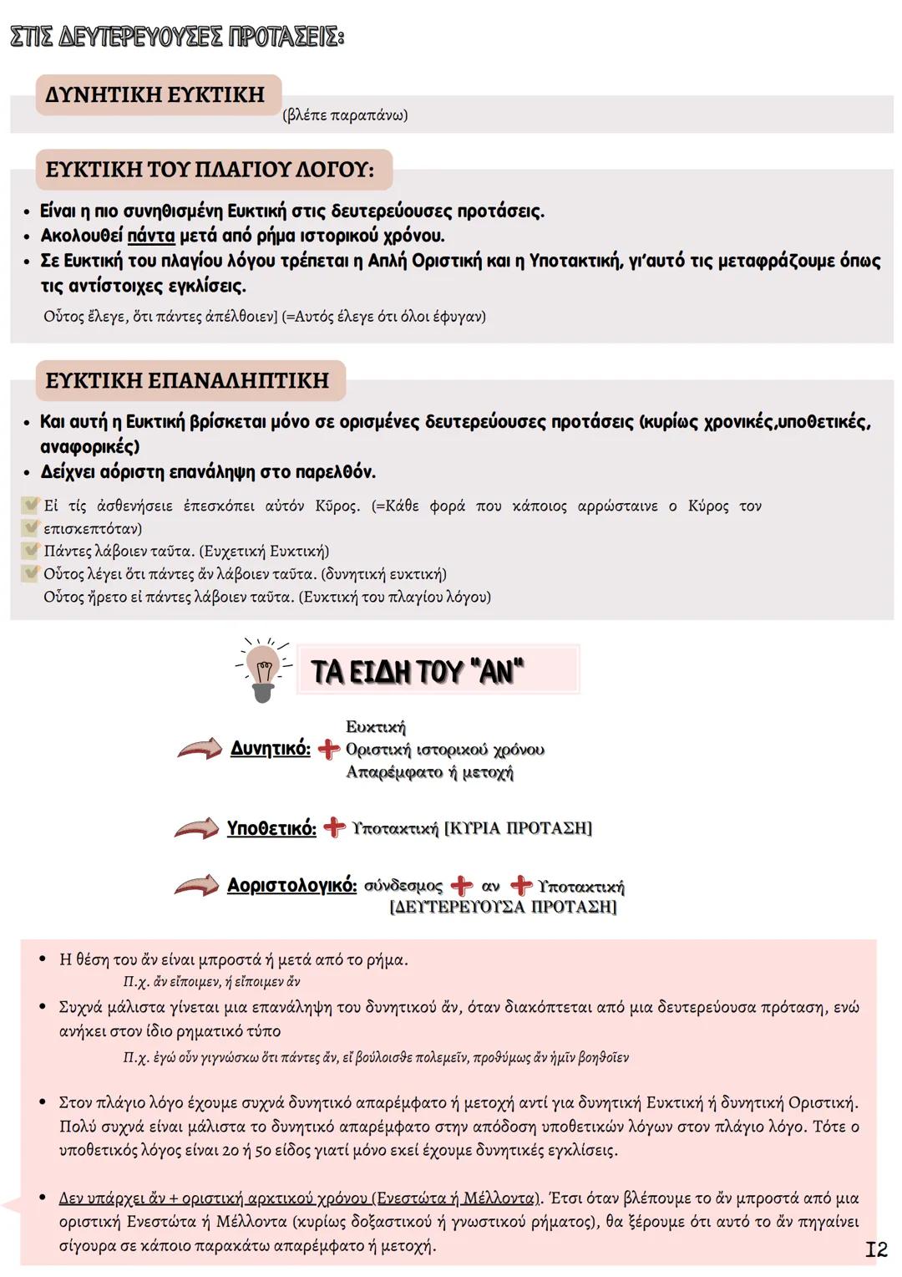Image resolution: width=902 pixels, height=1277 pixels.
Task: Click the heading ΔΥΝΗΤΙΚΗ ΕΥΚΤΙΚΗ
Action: [155, 94]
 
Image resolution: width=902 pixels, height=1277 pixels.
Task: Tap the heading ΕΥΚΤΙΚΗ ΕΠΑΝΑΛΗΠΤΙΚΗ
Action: [187, 381]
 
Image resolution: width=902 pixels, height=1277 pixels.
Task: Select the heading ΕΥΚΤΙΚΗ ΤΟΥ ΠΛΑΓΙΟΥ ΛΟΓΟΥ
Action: [210, 170]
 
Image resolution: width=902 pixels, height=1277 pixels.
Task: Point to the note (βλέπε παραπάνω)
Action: [345, 115]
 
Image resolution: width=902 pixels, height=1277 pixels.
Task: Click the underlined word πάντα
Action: [151, 236]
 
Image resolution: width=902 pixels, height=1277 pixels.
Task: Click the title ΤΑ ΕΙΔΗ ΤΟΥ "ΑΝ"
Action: [418, 671]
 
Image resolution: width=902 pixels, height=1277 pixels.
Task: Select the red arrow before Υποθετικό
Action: [196, 828]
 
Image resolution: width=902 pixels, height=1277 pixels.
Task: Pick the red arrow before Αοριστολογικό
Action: [196, 886]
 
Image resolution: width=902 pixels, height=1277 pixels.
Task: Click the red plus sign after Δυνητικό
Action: [328, 749]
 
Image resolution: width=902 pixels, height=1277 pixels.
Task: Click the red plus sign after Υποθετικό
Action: [334, 827]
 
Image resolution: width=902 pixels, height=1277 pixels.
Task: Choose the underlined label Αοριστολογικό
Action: [291, 886]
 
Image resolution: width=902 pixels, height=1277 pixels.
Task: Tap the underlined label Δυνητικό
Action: [270, 749]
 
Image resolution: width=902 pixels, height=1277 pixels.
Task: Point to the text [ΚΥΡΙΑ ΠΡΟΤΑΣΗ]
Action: [518, 828]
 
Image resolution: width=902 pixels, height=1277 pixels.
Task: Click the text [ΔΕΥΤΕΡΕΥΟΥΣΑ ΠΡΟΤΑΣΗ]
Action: [503, 907]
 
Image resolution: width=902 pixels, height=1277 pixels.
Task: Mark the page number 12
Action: [875, 1249]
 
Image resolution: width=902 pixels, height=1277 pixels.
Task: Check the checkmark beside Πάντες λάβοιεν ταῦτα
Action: [31, 551]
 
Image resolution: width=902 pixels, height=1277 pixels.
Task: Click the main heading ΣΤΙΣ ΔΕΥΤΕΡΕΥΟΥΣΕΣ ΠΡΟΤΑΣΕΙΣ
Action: [176, 38]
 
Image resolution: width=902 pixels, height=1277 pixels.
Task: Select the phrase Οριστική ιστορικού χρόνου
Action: [444, 750]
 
